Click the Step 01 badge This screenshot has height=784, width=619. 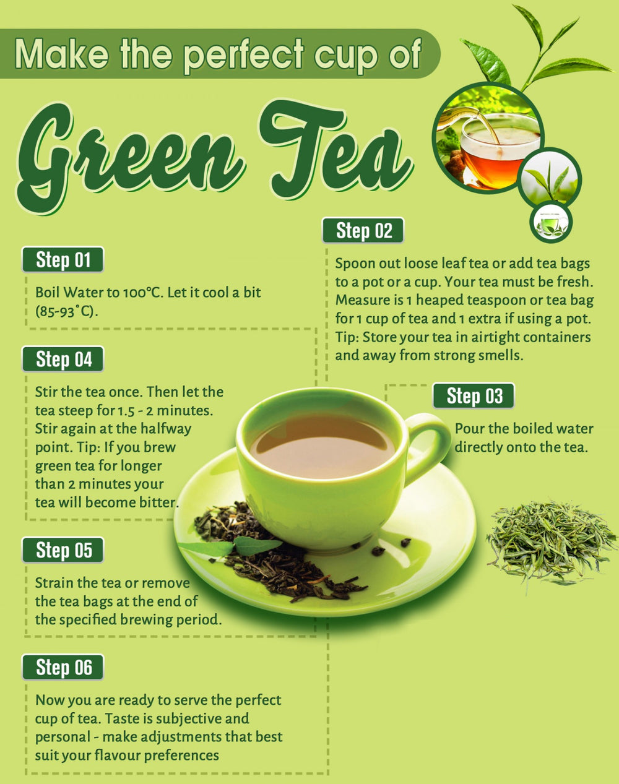tap(63, 259)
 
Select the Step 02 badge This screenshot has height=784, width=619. tap(363, 230)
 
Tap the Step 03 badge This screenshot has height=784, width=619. tap(474, 395)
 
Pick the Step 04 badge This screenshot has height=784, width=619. tap(63, 359)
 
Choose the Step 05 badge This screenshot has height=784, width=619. tap(63, 549)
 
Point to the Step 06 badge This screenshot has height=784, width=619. tap(63, 667)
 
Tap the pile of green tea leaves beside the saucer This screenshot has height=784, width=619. tap(550, 543)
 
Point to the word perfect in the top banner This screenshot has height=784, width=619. tap(243, 54)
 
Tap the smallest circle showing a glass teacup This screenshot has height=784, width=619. tap(551, 222)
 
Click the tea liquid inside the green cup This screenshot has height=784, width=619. tap(322, 446)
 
